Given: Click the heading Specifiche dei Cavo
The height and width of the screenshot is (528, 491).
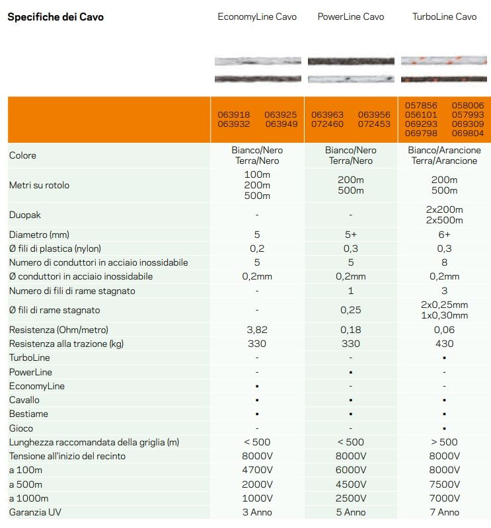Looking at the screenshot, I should click(56, 17).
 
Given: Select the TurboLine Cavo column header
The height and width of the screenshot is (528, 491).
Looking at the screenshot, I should click(444, 17).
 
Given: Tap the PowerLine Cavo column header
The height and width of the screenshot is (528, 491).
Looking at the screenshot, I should click(350, 17).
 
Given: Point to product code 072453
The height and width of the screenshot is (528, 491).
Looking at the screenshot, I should click(374, 124).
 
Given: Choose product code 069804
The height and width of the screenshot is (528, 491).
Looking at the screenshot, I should click(468, 133).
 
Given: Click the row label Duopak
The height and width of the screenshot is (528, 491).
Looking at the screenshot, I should click(24, 215).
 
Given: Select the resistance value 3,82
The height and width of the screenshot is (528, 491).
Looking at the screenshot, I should click(256, 330).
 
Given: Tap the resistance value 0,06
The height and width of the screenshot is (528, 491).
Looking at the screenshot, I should click(444, 330).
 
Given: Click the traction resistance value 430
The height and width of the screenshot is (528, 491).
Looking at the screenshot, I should click(444, 344).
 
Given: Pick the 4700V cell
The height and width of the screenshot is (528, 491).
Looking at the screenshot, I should click(256, 470).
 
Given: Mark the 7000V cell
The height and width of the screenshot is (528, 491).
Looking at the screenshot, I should click(444, 498).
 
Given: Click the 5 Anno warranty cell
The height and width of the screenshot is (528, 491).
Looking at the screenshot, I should click(350, 512).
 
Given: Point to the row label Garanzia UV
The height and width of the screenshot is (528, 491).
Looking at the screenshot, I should click(36, 512).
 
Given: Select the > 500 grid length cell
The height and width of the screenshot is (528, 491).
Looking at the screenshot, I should click(444, 442).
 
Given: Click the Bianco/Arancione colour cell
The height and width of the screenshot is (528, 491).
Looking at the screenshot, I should click(444, 151).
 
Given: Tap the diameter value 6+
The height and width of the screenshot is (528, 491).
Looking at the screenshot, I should click(444, 235).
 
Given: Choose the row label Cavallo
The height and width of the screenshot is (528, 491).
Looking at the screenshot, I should click(24, 400).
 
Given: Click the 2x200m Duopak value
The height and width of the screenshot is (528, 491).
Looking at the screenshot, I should click(444, 209).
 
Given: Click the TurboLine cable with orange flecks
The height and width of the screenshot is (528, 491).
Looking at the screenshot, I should click(444, 61).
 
